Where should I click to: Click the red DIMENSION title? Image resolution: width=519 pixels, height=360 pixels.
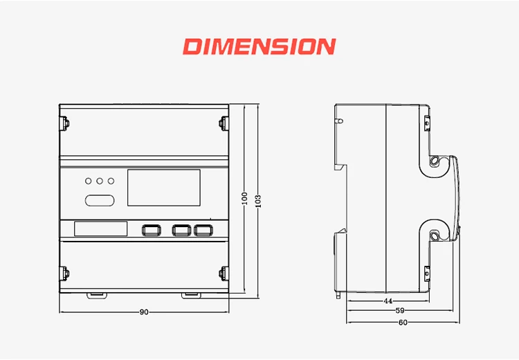click(x=259, y=47)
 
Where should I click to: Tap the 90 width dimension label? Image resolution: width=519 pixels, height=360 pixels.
click(x=144, y=312)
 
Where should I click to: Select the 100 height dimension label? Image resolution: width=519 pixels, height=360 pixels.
click(x=244, y=198)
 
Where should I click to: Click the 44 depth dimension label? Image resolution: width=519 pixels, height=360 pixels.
click(x=388, y=301)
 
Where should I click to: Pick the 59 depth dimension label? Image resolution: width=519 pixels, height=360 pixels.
click(x=400, y=312)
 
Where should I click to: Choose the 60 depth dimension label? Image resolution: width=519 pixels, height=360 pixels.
click(x=403, y=322)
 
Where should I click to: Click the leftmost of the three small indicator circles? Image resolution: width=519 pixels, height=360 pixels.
click(x=89, y=181)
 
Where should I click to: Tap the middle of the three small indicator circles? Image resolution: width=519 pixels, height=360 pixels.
click(x=100, y=181)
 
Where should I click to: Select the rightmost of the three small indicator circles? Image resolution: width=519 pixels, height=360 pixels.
click(x=111, y=181)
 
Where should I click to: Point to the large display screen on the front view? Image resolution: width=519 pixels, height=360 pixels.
click(x=165, y=188)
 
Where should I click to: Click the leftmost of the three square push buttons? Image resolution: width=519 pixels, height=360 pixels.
click(x=150, y=230)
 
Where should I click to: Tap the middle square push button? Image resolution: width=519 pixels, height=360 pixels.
click(x=181, y=230)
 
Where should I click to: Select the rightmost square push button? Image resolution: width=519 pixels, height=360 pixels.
click(x=201, y=230)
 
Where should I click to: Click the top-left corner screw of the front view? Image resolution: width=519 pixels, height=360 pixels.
click(x=66, y=124)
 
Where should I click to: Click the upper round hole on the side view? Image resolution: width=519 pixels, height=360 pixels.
click(x=435, y=162)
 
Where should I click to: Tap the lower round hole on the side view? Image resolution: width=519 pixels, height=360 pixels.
click(x=435, y=237)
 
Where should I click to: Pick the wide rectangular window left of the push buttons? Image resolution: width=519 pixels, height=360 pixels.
click(x=100, y=229)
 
